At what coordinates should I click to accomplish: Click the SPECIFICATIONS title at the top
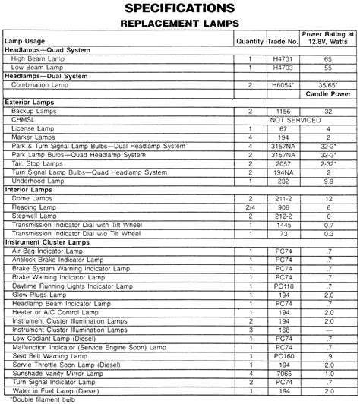point(180,8)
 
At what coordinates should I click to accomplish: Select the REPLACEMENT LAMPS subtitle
point(180,24)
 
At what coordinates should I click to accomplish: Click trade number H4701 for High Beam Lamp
point(283,58)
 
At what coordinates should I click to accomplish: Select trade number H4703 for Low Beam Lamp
point(283,67)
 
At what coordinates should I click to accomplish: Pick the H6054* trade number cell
point(283,86)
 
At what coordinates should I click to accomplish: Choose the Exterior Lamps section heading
point(28,102)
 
